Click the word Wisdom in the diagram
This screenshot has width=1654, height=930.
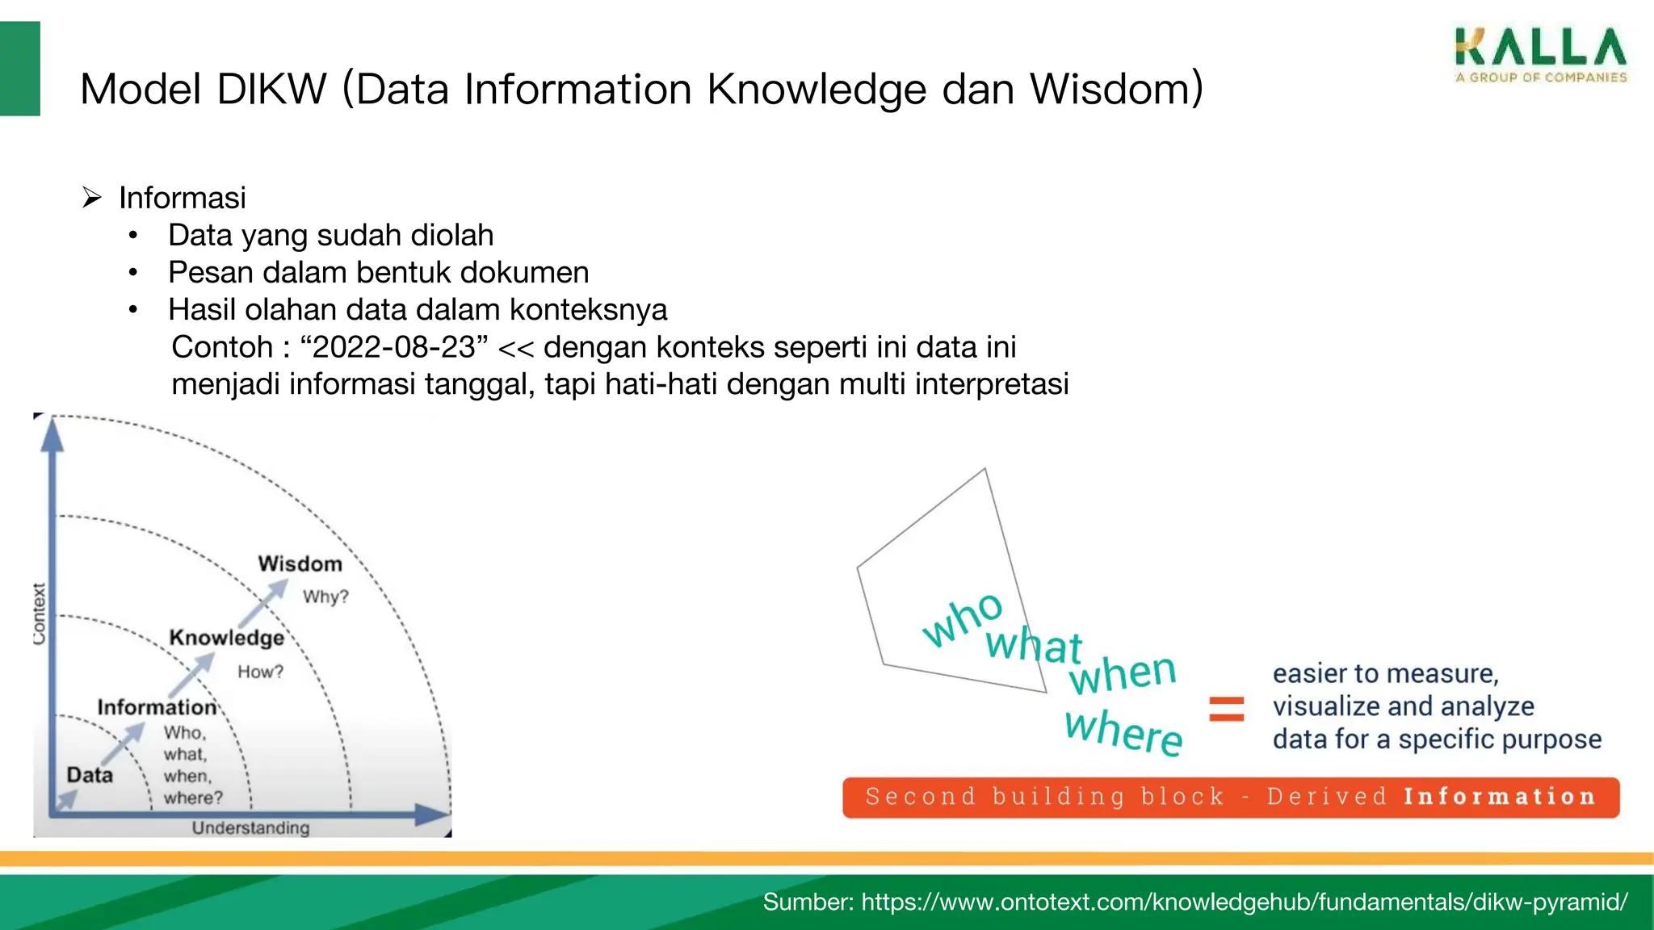[x=300, y=563]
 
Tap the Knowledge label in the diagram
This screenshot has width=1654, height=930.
[x=226, y=638]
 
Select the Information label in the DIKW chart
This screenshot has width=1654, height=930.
[x=157, y=707]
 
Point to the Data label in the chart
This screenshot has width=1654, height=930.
[x=90, y=775]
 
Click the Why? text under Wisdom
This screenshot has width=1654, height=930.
[x=325, y=597]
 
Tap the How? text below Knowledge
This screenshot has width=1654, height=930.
[x=260, y=672]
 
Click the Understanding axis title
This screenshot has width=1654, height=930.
[x=250, y=827]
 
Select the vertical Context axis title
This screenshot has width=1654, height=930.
[x=39, y=614]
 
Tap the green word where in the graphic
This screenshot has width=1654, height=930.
[x=1123, y=731]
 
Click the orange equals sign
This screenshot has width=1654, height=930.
[x=1226, y=709]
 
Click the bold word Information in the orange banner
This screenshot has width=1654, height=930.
[x=1499, y=797]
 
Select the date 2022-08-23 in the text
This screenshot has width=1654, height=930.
[x=394, y=347]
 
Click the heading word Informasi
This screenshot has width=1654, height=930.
[x=182, y=198]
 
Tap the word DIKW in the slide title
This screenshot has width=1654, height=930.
[x=271, y=89]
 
